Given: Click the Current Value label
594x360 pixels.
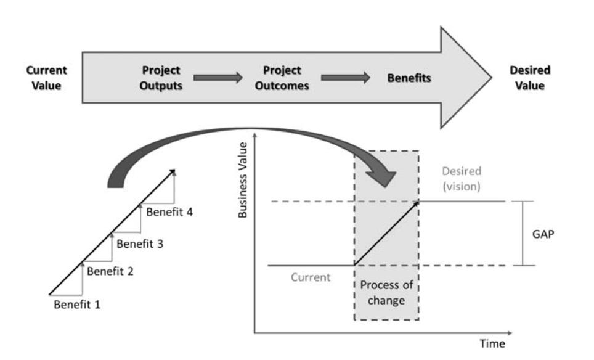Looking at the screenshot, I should click(x=47, y=78).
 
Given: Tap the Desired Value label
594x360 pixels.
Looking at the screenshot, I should click(x=529, y=78).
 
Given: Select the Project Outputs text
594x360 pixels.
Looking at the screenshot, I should click(x=161, y=78).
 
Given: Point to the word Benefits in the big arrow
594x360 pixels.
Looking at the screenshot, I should click(x=409, y=78).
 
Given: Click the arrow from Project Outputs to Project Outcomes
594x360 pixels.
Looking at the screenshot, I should click(x=218, y=78).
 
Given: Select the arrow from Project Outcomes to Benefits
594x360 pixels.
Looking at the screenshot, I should click(x=346, y=78).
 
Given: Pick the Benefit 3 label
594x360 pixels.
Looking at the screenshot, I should click(x=140, y=243).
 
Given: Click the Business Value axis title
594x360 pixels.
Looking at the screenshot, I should click(x=243, y=180).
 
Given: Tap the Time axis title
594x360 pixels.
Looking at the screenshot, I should click(x=492, y=343).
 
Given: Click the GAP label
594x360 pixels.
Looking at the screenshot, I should click(x=546, y=234).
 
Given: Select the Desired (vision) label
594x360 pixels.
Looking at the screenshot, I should click(x=461, y=179).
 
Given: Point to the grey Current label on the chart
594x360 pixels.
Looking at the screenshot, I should click(x=311, y=277).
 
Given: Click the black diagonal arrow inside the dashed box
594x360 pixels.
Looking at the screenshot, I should click(x=387, y=233).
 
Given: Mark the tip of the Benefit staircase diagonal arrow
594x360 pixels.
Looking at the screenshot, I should click(x=175, y=170).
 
